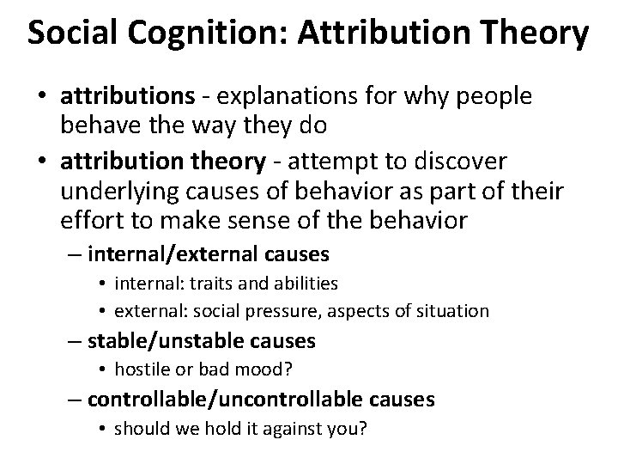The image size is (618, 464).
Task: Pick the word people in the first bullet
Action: pos(493,97)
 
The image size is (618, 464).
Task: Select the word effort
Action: pos(88,221)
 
